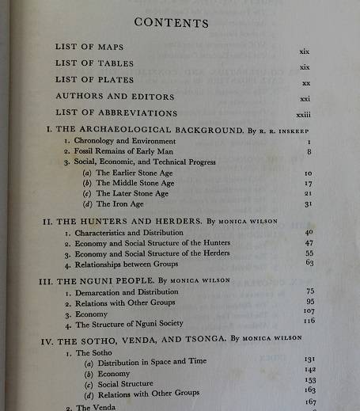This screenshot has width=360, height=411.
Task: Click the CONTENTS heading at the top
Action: pos(172,22)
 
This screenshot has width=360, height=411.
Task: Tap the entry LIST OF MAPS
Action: pos(89,47)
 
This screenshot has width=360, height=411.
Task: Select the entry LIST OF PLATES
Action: pos(94,80)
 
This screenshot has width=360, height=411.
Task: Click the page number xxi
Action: pos(305,99)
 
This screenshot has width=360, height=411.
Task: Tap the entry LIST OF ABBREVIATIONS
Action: pos(116,113)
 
